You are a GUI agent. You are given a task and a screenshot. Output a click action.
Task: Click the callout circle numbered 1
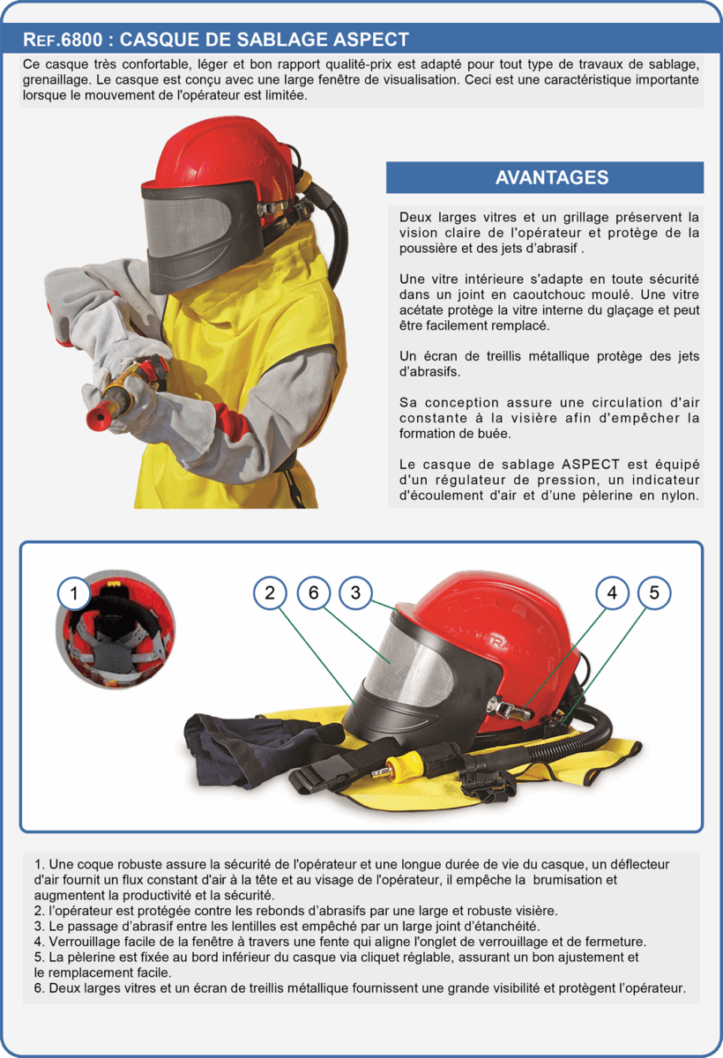74,593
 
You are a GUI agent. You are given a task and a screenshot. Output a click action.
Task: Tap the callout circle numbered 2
270,592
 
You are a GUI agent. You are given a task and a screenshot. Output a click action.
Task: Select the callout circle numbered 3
355,592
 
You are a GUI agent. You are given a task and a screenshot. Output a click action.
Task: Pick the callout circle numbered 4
612,592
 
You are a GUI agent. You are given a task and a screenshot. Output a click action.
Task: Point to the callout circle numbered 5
654,592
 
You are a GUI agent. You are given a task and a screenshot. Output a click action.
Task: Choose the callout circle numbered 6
314,592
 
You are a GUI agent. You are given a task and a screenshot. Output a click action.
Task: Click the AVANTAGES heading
552,177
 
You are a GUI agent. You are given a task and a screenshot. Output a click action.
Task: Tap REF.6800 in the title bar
63,40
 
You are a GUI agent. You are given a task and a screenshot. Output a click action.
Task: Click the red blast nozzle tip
96,414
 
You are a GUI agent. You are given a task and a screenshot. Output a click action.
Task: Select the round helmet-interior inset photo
116,630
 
